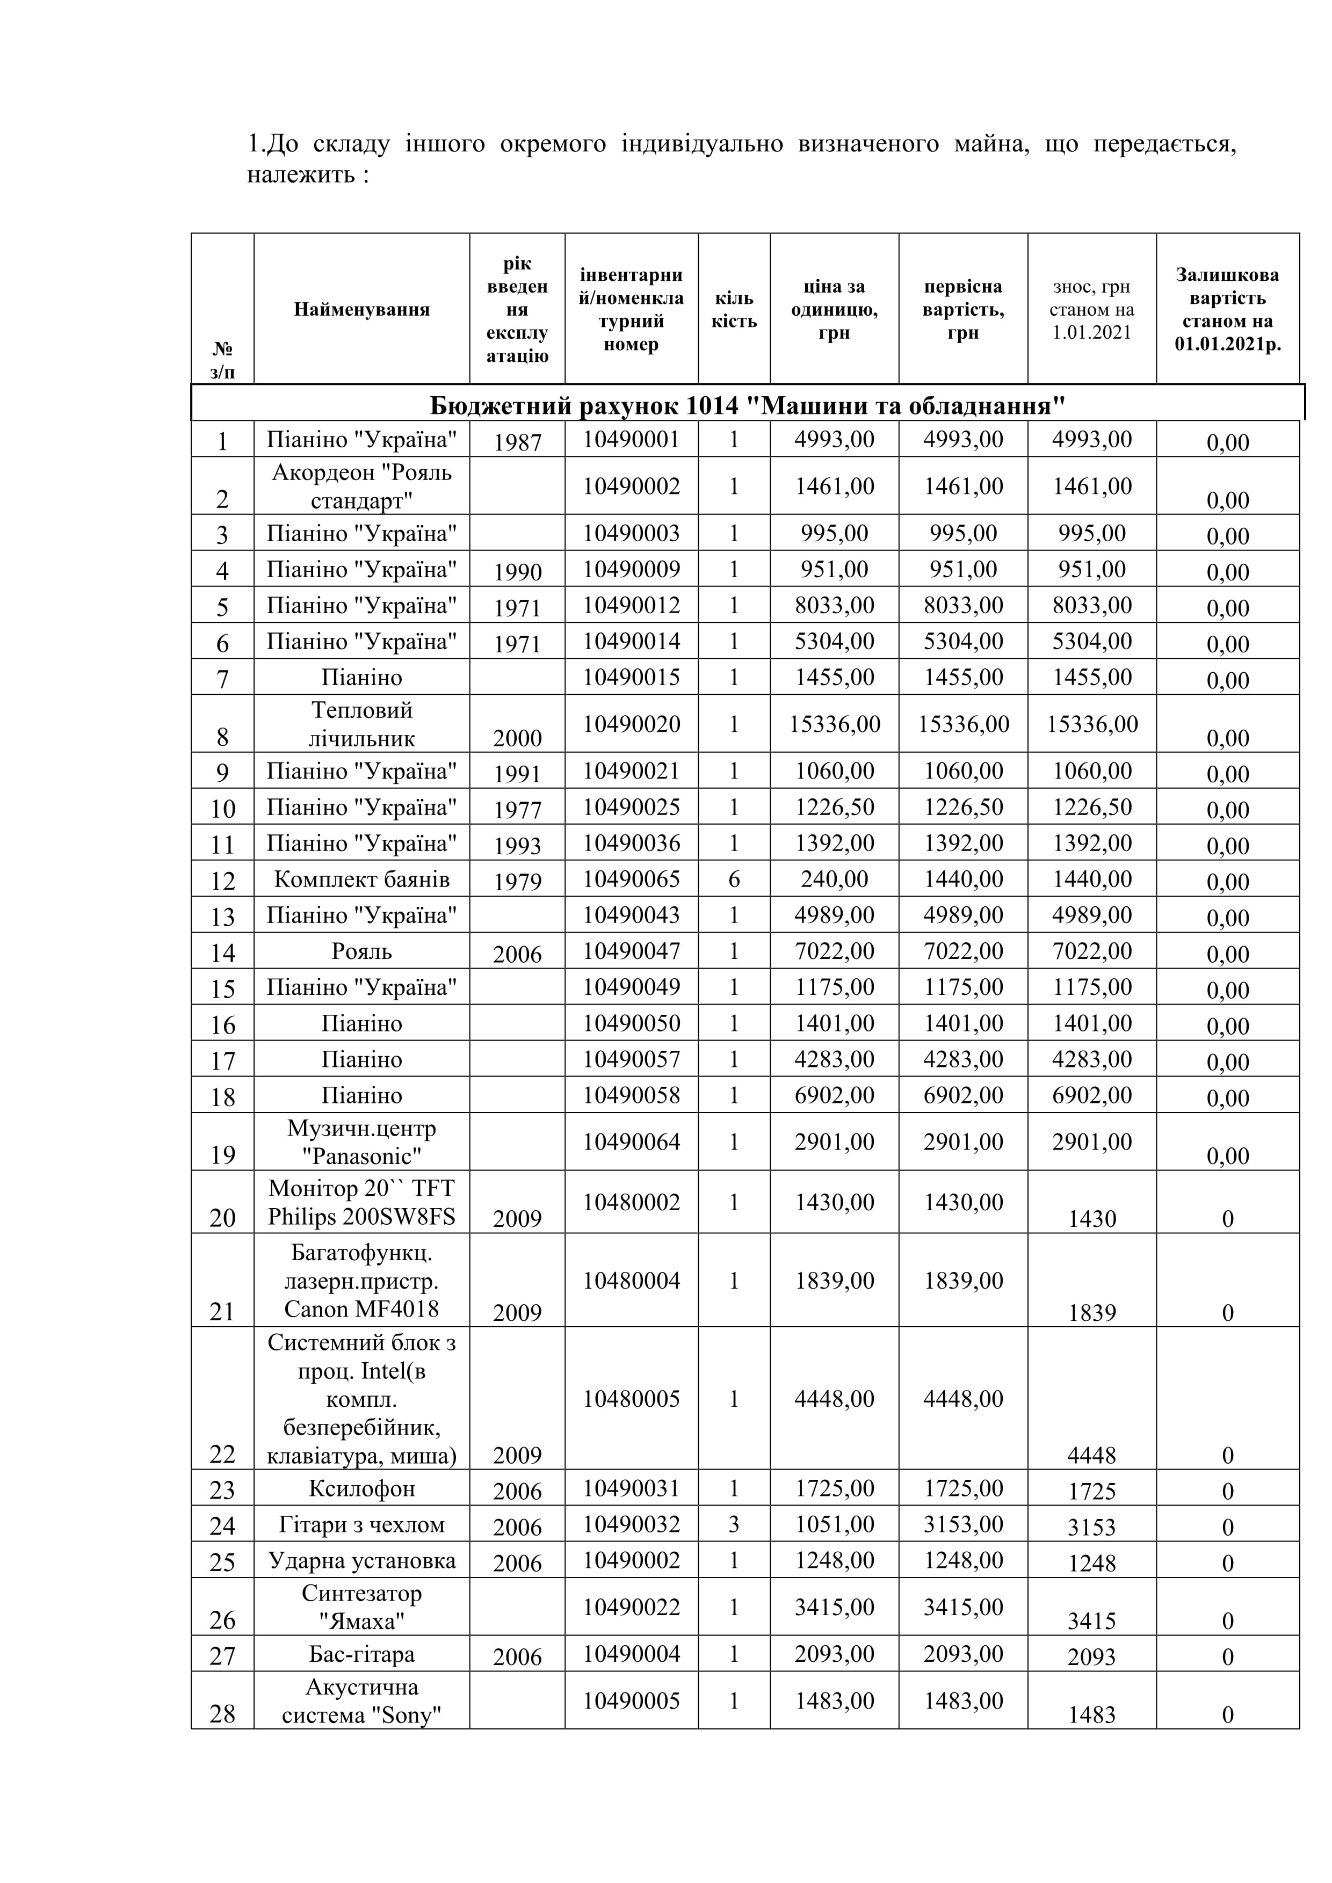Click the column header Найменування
click(x=361, y=309)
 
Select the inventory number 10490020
click(x=632, y=723)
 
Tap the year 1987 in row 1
click(x=518, y=442)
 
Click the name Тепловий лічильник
click(x=361, y=723)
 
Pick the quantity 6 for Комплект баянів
click(x=734, y=879)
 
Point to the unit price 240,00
click(x=834, y=879)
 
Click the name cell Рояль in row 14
click(x=361, y=951)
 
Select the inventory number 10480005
click(x=632, y=1398)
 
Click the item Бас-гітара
click(x=361, y=1654)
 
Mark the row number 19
click(x=222, y=1155)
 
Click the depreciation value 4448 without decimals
click(x=1092, y=1456)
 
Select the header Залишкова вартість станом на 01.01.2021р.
click(x=1228, y=309)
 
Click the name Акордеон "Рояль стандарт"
click(x=361, y=485)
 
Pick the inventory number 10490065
click(x=632, y=879)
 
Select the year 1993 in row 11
click(x=518, y=846)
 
